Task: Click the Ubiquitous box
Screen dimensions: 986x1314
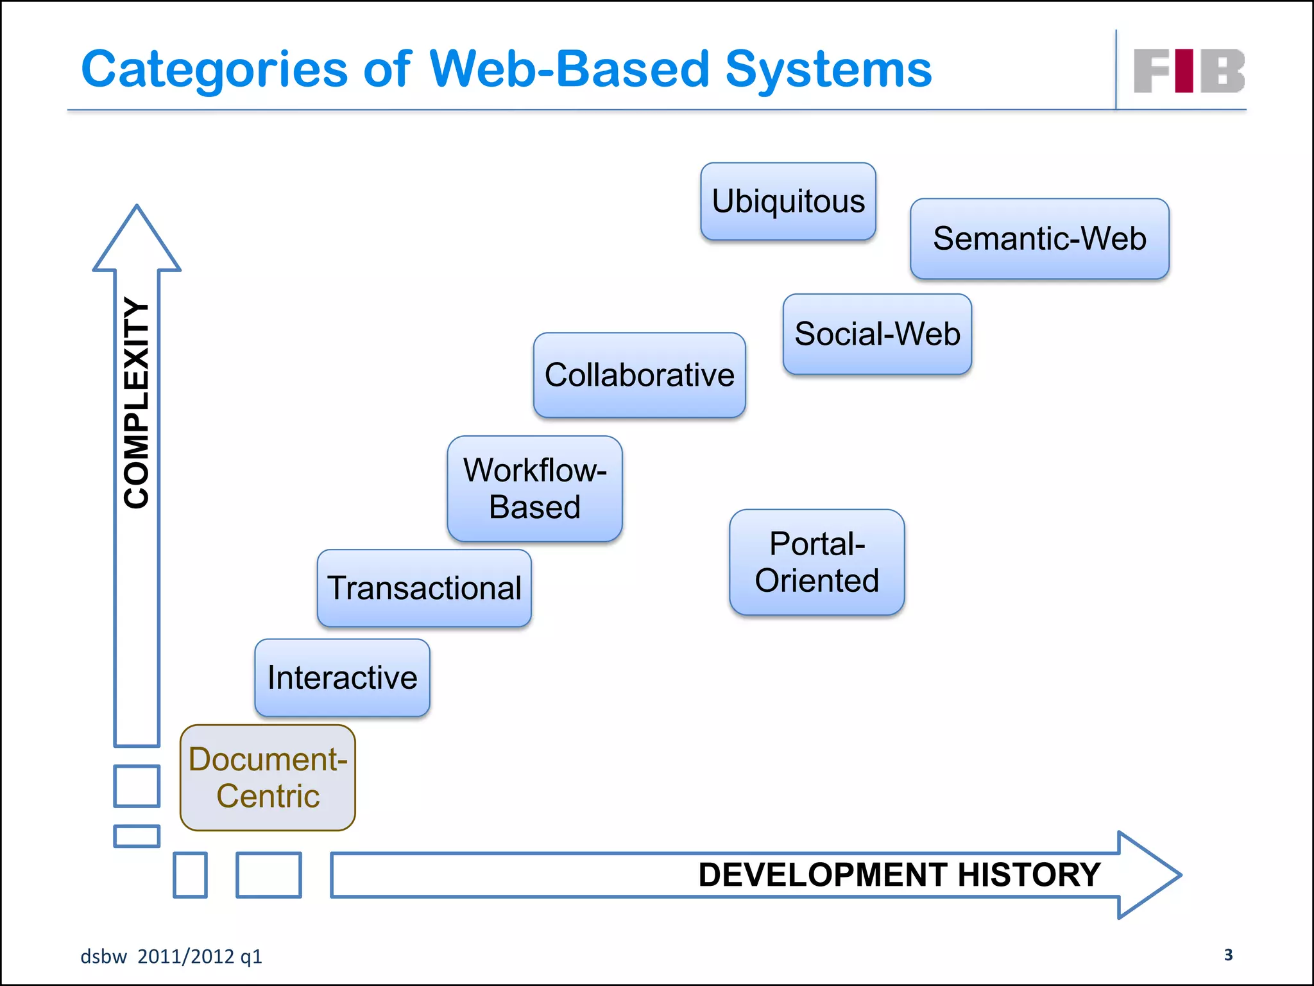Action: pos(788,202)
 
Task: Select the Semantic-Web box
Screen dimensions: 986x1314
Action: pos(1039,239)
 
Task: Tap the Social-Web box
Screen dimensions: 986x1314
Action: pos(877,334)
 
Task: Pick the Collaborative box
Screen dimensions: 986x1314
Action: pos(639,375)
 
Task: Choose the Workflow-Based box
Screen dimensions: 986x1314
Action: pos(534,489)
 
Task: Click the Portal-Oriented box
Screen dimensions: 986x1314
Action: pos(817,562)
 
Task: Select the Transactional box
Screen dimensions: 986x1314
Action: pos(424,588)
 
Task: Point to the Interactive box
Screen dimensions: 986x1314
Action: pos(342,678)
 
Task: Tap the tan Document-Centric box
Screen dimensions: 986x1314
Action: pos(268,778)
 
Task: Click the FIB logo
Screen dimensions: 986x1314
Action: pos(1189,71)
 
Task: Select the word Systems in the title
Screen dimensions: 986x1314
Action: pos(828,69)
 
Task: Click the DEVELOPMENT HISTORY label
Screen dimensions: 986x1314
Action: pos(899,875)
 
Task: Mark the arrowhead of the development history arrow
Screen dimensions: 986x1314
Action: pos(1148,875)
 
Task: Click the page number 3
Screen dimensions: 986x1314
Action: pos(1228,955)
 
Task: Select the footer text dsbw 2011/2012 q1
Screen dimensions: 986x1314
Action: pos(171,956)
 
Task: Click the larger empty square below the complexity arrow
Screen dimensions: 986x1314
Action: pos(137,786)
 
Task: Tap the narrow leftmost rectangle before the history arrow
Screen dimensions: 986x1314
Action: pos(190,875)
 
